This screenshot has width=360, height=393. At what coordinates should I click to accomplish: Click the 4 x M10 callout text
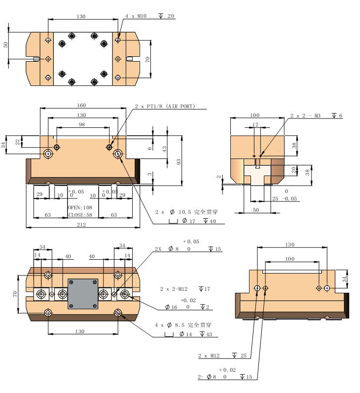pos(137,16)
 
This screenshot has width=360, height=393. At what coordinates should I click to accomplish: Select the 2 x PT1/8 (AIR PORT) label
pos(166,106)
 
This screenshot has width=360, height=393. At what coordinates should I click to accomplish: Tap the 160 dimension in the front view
pos(82,105)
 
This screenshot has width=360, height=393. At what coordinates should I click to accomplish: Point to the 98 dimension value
pos(81,125)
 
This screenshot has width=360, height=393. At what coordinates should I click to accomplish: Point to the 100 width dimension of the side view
pos(255,115)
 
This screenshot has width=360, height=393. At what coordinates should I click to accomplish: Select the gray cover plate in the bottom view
pos(82,294)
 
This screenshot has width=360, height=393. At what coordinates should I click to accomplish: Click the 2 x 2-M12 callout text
pos(175,288)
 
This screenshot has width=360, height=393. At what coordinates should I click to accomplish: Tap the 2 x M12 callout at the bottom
pos(210,355)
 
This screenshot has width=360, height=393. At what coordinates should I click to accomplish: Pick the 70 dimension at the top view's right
pos(147,59)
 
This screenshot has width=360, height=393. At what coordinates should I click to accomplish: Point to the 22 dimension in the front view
pos(18,142)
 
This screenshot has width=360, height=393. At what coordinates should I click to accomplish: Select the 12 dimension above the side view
pos(255,124)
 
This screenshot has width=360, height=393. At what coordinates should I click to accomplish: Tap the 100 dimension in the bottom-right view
pos(289,259)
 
